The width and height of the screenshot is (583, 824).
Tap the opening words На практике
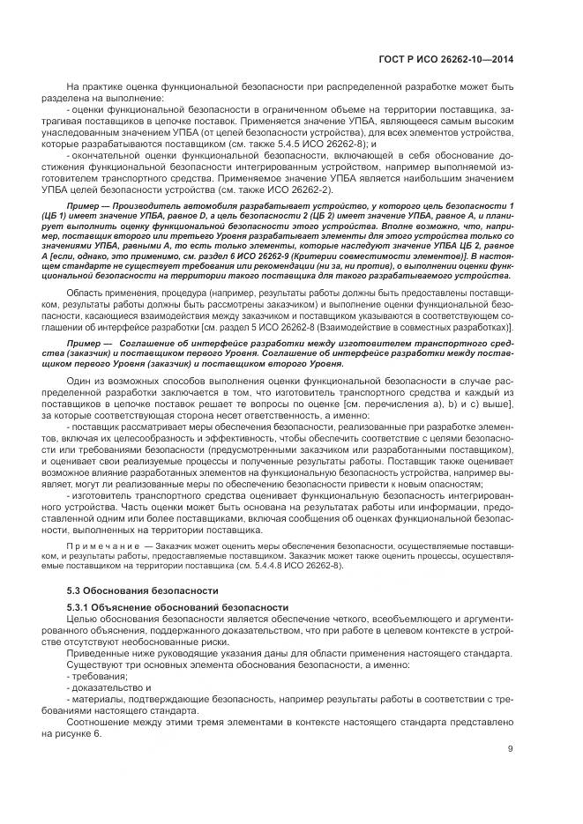coord(93,86)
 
